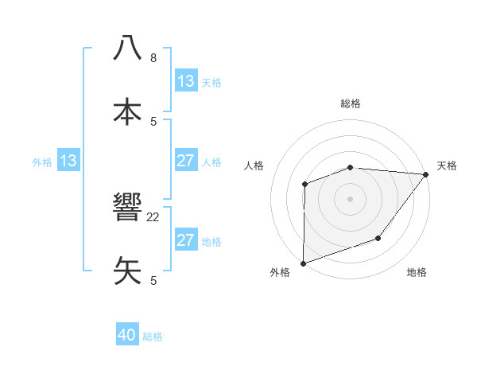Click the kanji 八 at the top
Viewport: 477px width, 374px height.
point(127,48)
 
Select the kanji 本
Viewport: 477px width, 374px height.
point(127,111)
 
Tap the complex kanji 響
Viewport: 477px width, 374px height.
point(127,208)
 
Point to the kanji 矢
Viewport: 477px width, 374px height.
point(127,271)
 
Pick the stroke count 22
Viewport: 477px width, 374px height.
point(153,216)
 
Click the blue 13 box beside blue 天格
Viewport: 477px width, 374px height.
point(186,81)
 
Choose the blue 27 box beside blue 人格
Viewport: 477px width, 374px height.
point(186,161)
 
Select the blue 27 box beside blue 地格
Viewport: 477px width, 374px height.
point(186,240)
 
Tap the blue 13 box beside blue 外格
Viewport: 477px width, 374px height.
point(68,161)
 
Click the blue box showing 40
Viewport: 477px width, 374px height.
point(127,336)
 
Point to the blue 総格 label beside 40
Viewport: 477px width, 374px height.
point(153,337)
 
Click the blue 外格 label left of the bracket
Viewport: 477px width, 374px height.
point(42,162)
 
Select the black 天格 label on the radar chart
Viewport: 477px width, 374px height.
point(447,166)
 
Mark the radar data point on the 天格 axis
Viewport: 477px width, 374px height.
point(426,174)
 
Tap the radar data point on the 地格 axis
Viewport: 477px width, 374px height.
point(378,238)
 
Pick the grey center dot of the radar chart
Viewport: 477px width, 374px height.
point(350,198)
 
